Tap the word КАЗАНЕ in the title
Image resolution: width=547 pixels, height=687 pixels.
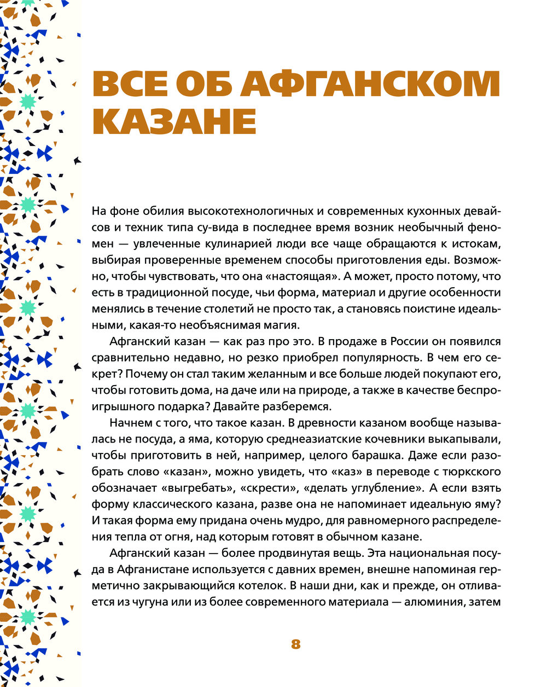174,121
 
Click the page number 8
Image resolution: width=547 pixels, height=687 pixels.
296,644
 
